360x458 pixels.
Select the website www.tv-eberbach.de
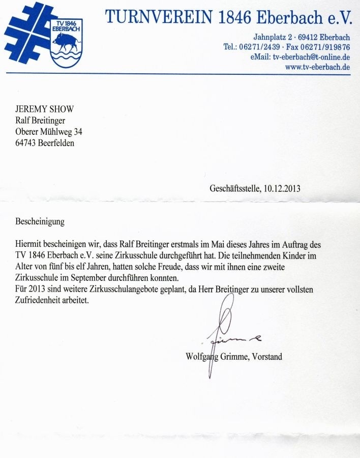(x=317, y=67)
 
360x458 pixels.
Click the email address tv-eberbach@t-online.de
(x=311, y=56)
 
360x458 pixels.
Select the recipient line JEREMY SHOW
(x=44, y=109)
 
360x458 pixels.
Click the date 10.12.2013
(x=282, y=188)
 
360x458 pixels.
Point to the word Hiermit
(x=29, y=245)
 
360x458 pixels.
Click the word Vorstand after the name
(x=265, y=357)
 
